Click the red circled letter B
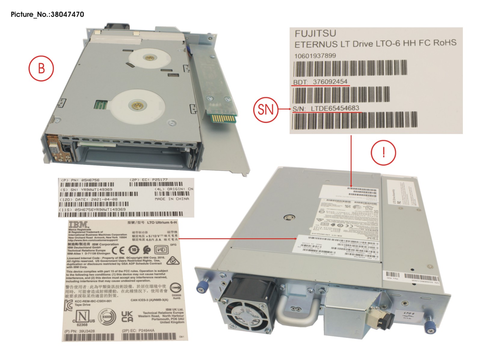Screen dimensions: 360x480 (x=41, y=68)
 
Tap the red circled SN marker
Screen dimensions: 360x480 (x=266, y=109)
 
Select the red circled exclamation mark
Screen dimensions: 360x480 (x=383, y=153)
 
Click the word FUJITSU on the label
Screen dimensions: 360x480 (x=315, y=34)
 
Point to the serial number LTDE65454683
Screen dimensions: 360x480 (x=335, y=108)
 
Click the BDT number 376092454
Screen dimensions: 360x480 (x=330, y=82)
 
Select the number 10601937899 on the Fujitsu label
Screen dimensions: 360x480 (x=315, y=56)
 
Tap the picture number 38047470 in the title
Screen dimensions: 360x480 (x=67, y=14)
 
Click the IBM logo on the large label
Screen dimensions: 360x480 (x=79, y=224)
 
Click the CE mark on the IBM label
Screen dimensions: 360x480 (x=118, y=250)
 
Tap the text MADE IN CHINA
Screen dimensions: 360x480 (x=172, y=199)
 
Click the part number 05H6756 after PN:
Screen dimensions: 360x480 (x=90, y=180)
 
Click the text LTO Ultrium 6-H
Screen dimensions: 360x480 (x=162, y=223)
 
